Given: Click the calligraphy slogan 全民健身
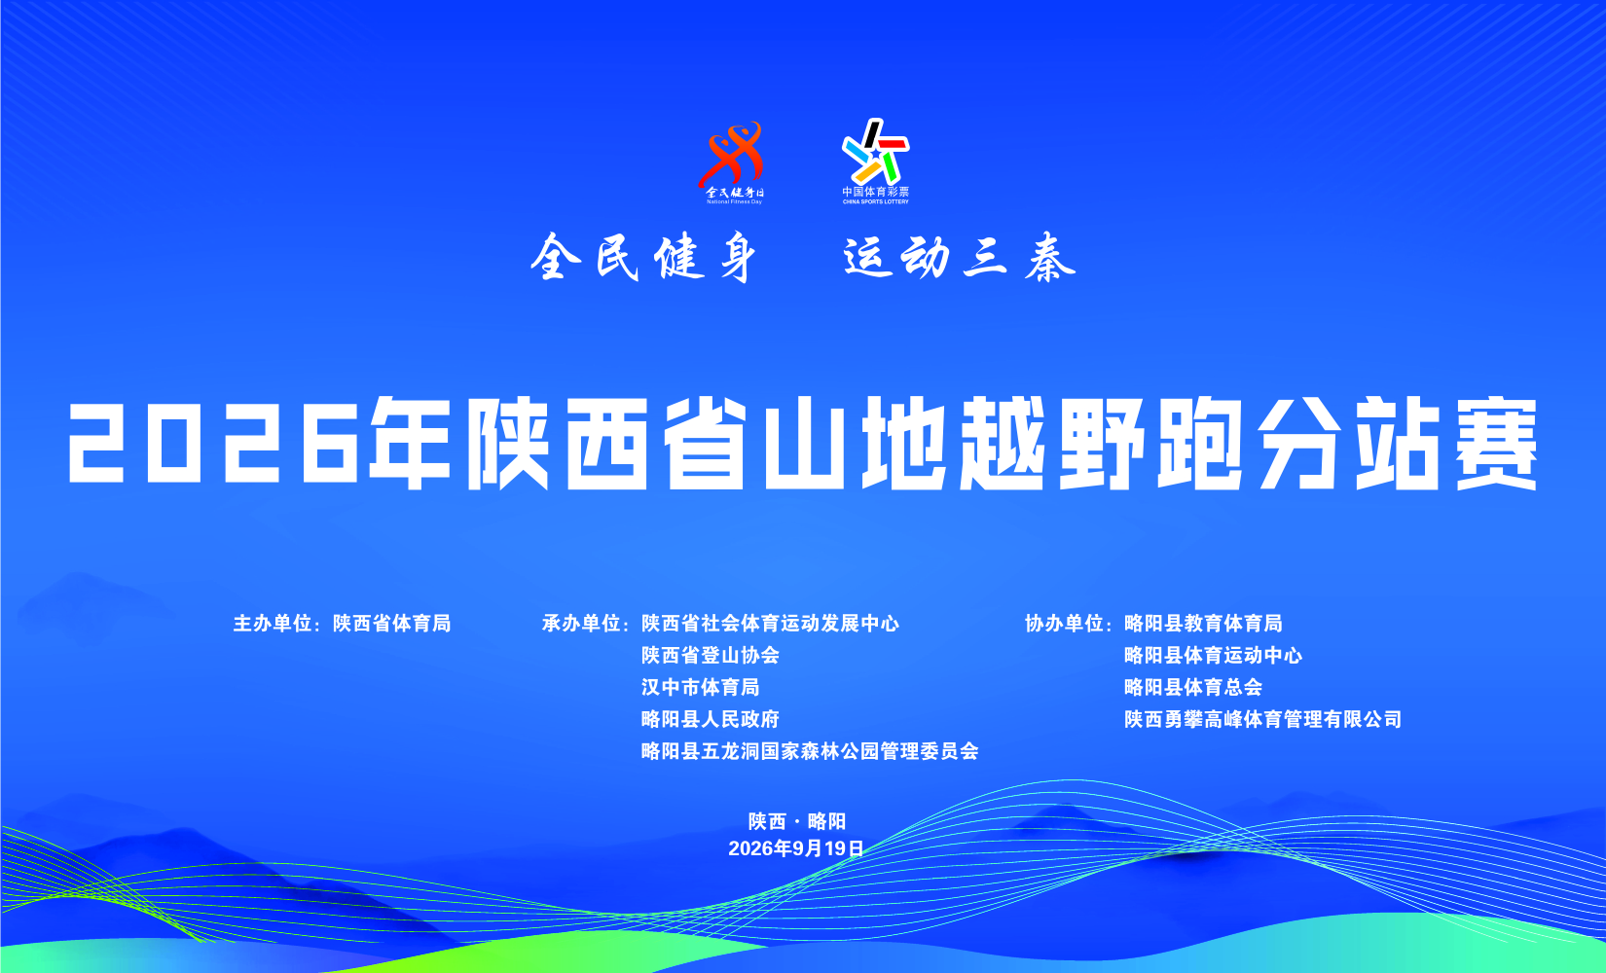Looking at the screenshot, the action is [x=643, y=257].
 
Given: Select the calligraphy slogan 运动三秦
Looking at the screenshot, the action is [x=960, y=257].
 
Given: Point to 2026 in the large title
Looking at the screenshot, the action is [x=213, y=442].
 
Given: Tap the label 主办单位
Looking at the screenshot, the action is [x=273, y=624].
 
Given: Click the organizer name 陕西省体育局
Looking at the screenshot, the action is [x=391, y=624].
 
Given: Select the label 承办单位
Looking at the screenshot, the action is [x=581, y=624].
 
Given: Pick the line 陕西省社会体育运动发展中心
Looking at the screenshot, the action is [x=770, y=624].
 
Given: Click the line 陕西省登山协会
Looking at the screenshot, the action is [x=710, y=655].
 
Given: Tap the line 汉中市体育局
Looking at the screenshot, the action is [x=700, y=687].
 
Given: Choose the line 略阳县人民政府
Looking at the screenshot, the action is [x=710, y=719].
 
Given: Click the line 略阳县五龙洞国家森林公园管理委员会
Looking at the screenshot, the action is [x=810, y=751].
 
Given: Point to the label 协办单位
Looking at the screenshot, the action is [x=1064, y=624].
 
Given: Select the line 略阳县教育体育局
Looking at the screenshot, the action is [x=1203, y=624].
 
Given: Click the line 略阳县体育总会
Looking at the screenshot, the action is [x=1193, y=687].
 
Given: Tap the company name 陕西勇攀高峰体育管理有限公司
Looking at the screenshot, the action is [x=1262, y=719].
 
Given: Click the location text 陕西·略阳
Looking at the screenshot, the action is [x=796, y=821].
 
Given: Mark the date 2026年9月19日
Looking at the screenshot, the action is [x=796, y=849].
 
